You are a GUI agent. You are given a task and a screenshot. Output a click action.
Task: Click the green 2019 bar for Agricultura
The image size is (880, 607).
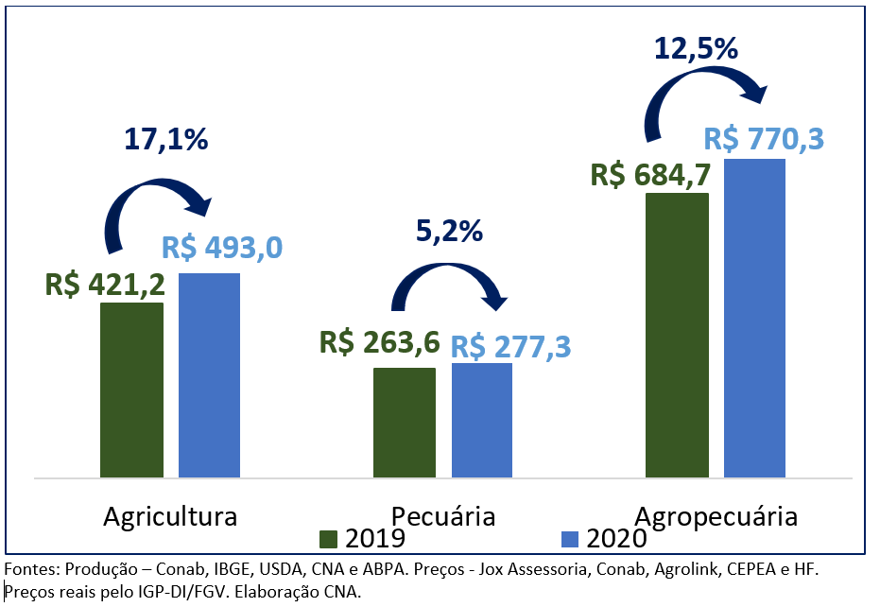(131, 390)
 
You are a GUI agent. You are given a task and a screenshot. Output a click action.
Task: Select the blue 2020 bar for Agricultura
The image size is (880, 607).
(209, 375)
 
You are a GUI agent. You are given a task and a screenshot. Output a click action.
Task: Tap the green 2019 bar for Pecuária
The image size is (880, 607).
(405, 423)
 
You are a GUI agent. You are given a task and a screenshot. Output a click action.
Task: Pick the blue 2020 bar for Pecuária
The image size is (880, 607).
(482, 420)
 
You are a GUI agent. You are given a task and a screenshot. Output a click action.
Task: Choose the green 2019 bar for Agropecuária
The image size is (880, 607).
(677, 335)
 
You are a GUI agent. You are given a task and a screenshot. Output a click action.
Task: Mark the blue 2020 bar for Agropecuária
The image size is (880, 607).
(754, 318)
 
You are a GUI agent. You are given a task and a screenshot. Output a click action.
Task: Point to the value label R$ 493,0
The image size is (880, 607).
(221, 248)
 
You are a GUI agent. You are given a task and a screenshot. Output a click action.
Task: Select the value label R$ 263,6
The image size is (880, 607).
(379, 342)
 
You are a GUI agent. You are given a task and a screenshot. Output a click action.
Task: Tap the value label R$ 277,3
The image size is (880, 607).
(510, 346)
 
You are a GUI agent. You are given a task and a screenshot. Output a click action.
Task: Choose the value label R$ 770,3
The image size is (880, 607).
(764, 140)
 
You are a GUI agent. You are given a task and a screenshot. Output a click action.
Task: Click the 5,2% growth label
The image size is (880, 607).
(449, 230)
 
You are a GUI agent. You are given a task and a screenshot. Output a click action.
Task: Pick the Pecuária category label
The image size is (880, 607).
(444, 517)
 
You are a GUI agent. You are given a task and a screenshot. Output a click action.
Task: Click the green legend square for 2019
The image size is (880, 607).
(329, 539)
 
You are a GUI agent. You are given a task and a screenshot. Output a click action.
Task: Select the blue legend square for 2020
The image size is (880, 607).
(569, 539)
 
